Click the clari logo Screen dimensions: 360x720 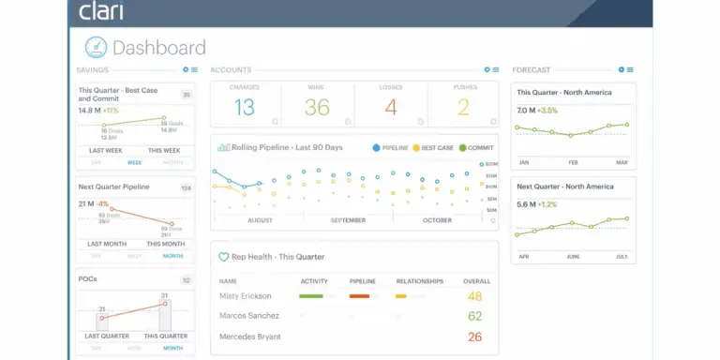coord(100,11)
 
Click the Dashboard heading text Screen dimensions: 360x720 coord(158,47)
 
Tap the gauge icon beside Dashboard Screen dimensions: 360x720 coord(96,47)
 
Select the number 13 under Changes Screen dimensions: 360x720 coord(245,108)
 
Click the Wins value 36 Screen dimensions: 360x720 coord(317,108)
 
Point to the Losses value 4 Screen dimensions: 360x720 coord(390,108)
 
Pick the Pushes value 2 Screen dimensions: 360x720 coord(462,108)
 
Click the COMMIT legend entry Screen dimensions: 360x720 coord(478,147)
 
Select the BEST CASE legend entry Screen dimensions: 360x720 coord(432,147)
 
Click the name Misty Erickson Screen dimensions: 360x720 coord(246,296)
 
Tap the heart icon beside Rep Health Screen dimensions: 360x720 coord(223,256)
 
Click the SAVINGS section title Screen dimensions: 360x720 coord(92,70)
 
